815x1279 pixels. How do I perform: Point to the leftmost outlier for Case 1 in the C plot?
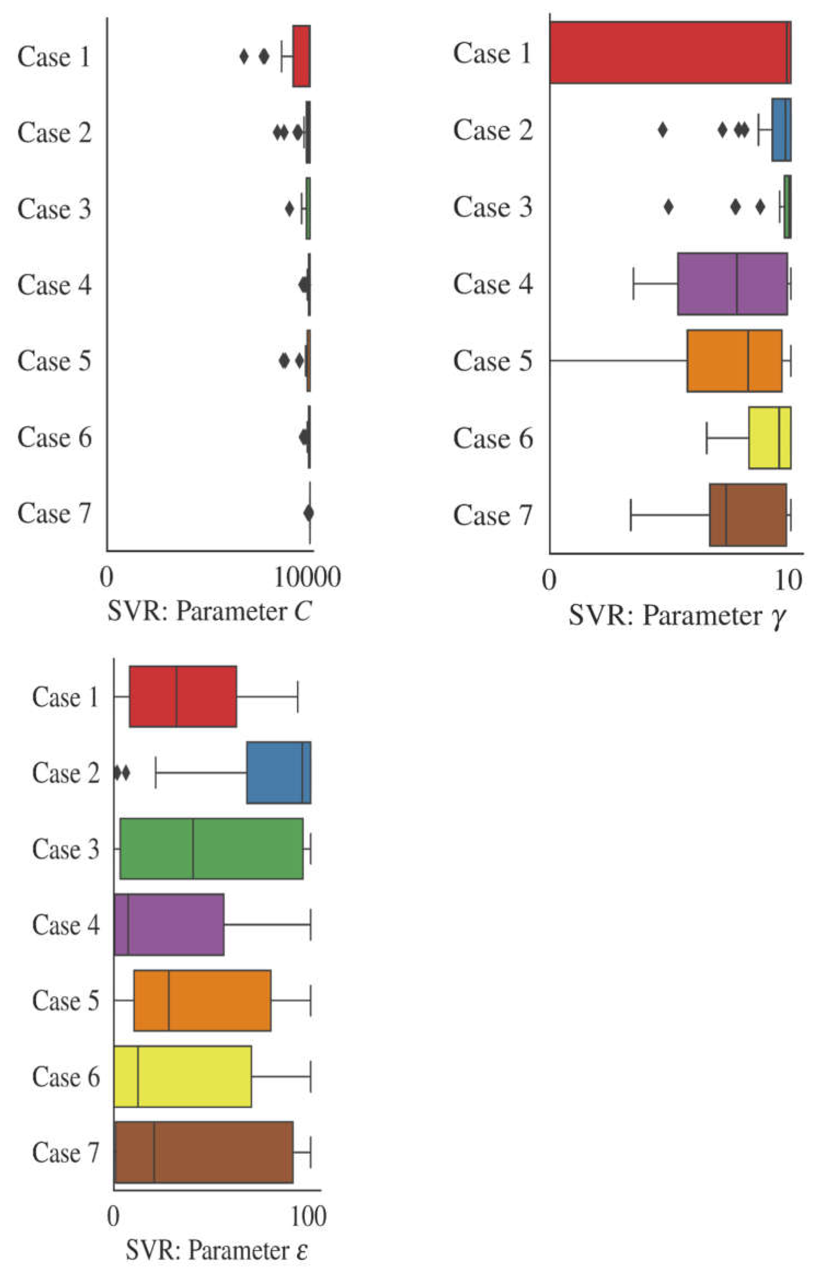(x=244, y=56)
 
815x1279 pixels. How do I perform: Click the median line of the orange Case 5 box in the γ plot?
(x=748, y=361)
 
